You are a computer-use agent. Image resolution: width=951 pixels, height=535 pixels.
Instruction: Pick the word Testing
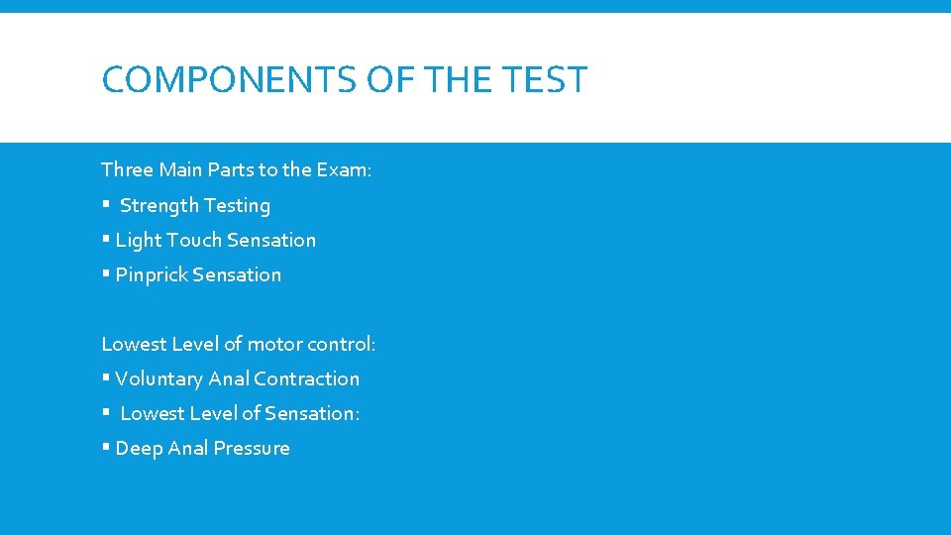[237, 206]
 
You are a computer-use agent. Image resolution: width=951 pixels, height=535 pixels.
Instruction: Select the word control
[341, 345]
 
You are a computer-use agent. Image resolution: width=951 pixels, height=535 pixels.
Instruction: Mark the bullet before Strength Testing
[105, 206]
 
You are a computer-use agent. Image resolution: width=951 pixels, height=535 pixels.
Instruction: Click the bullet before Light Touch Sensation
[105, 241]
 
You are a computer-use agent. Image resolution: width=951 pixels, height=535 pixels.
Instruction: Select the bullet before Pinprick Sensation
[105, 275]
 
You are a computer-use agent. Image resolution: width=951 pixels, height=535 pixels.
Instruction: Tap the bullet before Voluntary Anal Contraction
[105, 379]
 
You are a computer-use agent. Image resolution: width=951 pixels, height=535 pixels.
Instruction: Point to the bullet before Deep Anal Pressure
[105, 449]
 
